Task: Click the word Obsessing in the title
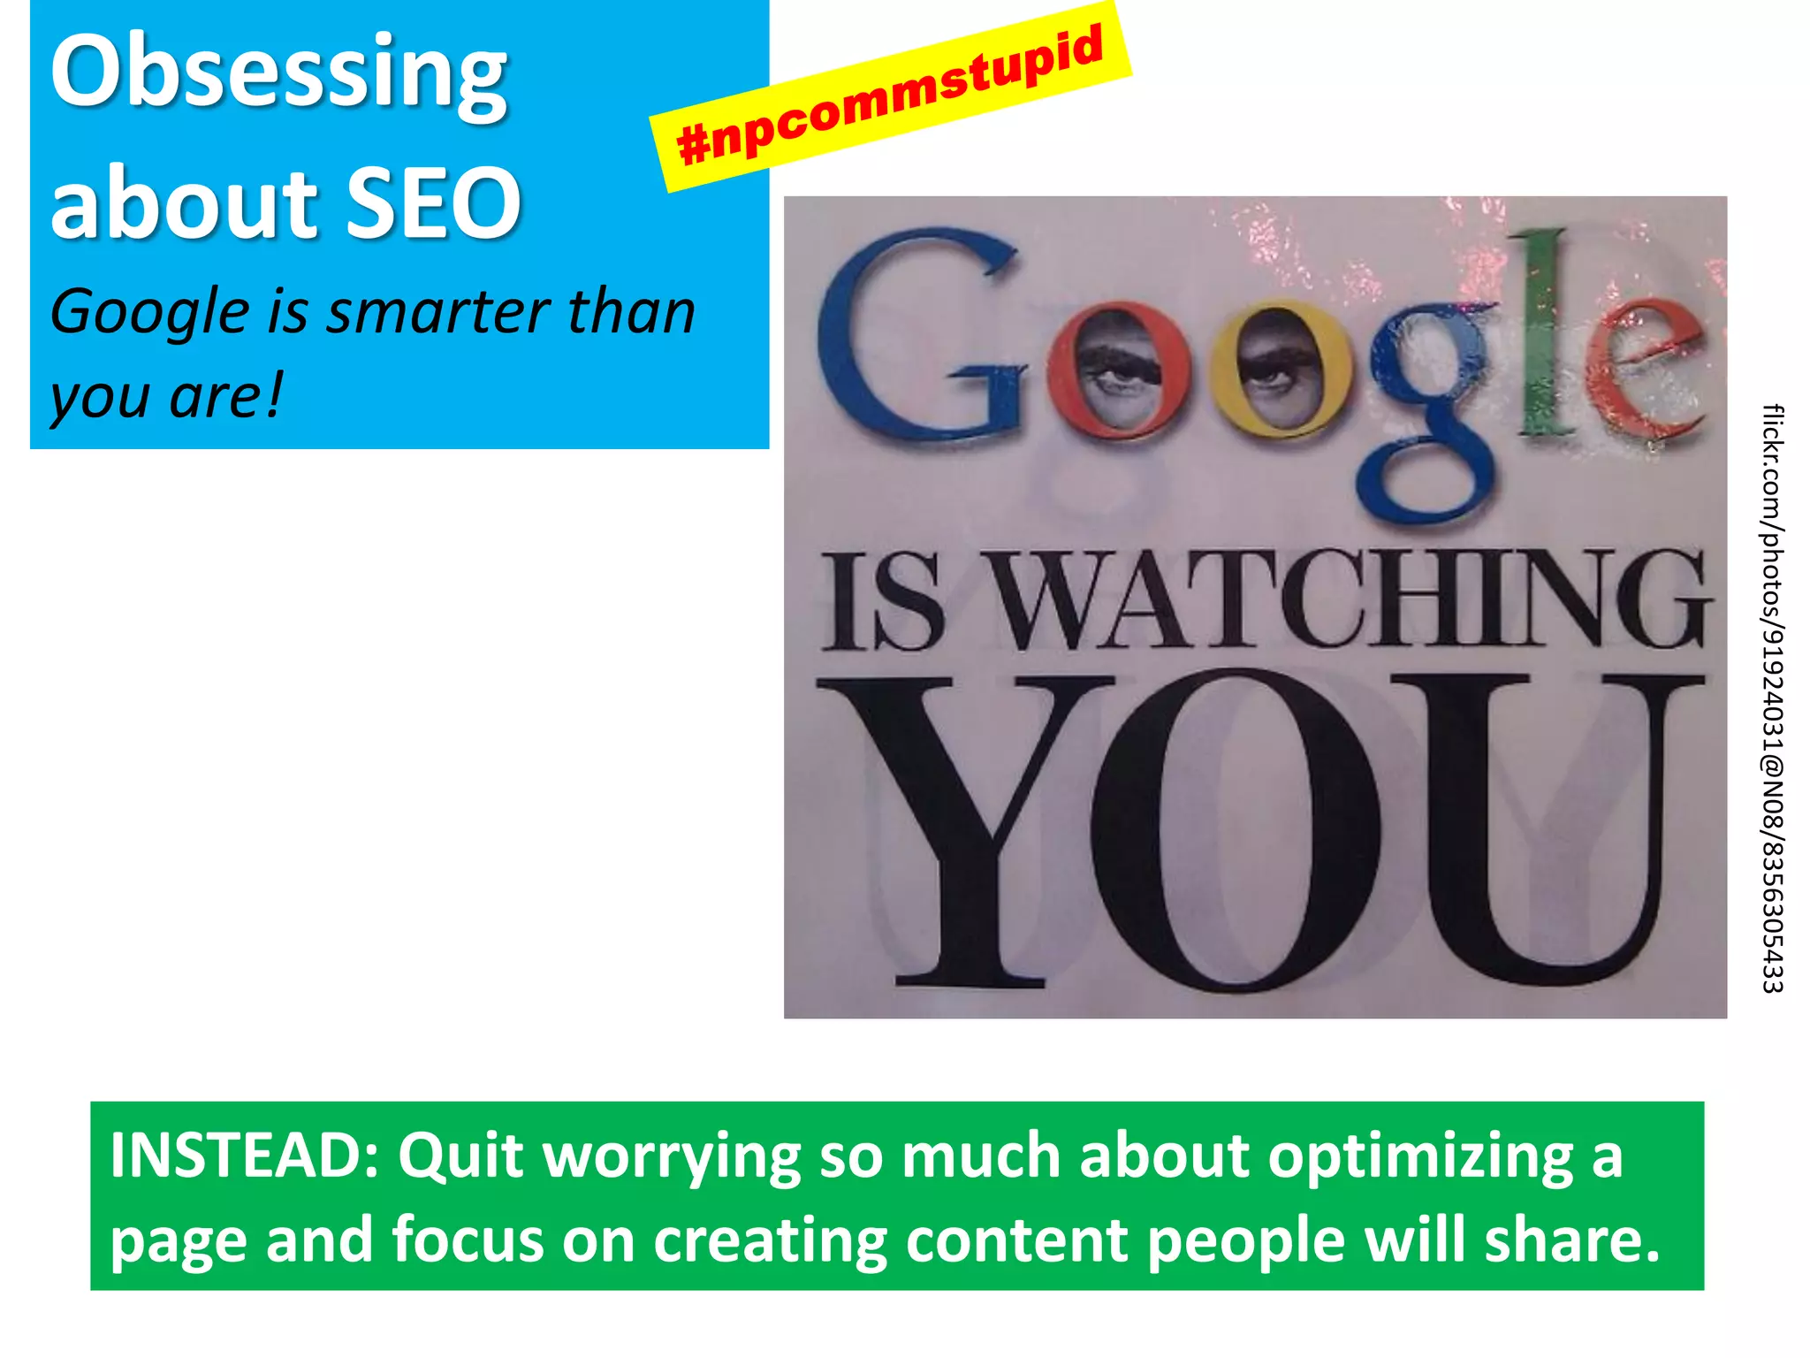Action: [278, 75]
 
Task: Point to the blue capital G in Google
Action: [919, 340]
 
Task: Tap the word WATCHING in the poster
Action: [1352, 601]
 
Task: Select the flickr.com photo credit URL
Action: [1772, 698]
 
